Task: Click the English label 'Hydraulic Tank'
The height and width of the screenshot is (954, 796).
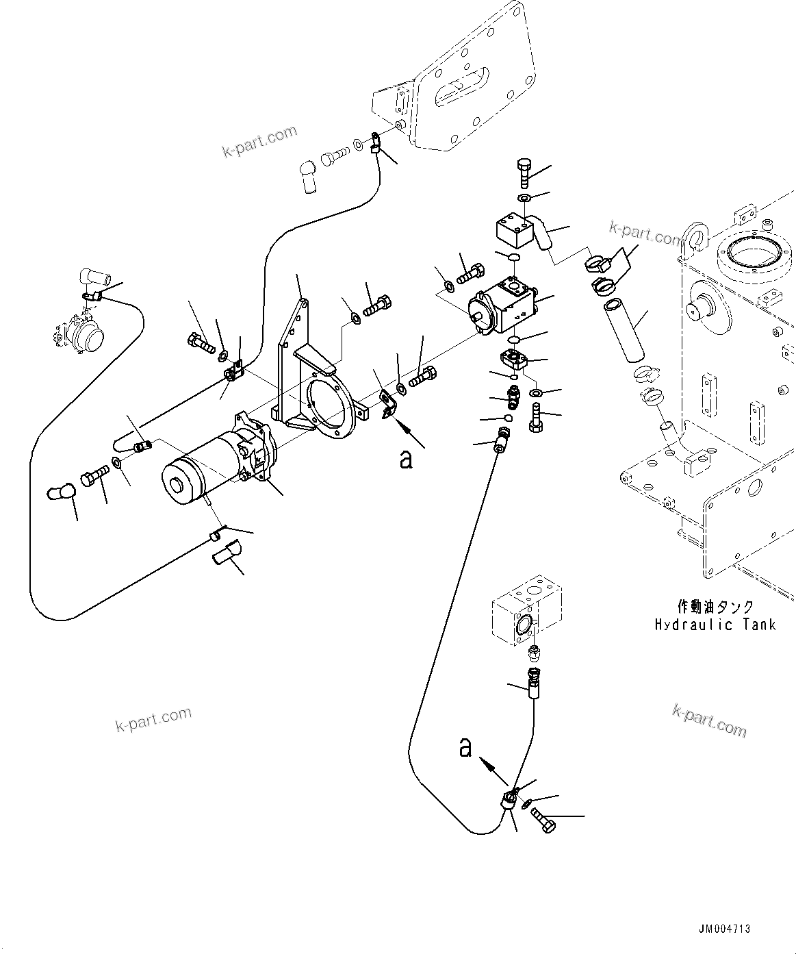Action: point(715,625)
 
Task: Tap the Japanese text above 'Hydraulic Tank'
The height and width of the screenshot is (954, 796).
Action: point(715,607)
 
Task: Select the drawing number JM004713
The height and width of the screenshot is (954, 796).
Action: point(724,929)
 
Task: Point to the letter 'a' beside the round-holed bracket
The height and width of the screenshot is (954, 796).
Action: point(407,460)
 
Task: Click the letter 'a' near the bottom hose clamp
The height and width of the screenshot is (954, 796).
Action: point(465,748)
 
